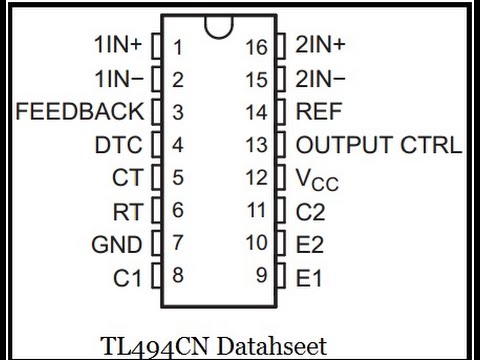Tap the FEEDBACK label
tap(79, 111)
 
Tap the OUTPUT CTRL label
tap(379, 145)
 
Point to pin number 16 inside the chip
tap(257, 46)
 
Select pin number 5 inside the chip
tap(177, 178)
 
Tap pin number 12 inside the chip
tap(257, 178)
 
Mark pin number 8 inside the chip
tap(177, 275)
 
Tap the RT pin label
tap(127, 211)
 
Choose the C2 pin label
tap(311, 211)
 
